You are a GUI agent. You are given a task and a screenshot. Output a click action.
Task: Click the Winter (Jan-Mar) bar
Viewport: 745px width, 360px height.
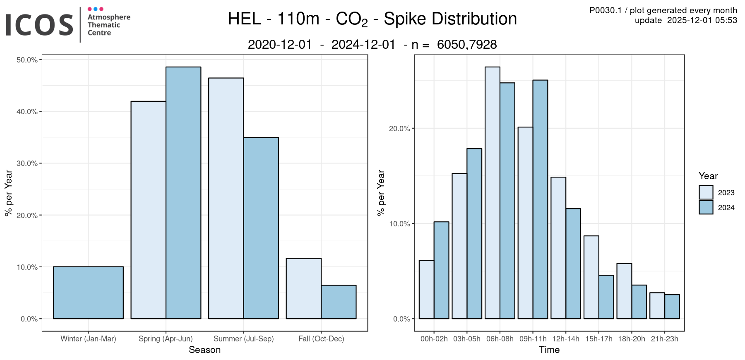pyautogui.click(x=88, y=293)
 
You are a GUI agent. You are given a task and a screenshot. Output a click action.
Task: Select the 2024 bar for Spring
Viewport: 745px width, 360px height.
pyautogui.click(x=183, y=193)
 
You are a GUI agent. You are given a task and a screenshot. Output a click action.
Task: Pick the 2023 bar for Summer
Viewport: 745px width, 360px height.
pyautogui.click(x=226, y=198)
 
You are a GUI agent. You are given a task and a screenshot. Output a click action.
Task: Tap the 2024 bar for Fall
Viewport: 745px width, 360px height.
pyautogui.click(x=339, y=302)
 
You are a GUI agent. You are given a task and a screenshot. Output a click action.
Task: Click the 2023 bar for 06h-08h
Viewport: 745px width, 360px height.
pyautogui.click(x=493, y=193)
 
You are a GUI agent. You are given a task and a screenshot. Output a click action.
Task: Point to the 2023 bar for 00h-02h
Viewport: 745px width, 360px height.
pyautogui.click(x=426, y=289)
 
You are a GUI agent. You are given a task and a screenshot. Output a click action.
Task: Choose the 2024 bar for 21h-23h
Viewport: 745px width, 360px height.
pyautogui.click(x=672, y=307)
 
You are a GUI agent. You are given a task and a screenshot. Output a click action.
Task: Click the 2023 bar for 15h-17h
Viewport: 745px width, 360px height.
pyautogui.click(x=591, y=277)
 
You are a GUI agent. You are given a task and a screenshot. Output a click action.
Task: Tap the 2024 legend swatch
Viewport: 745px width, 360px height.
pyautogui.click(x=706, y=207)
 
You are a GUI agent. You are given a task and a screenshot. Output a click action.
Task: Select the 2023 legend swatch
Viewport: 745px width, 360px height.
pyautogui.click(x=706, y=192)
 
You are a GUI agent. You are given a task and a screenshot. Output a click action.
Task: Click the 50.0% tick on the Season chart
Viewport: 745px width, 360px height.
pyautogui.click(x=27, y=60)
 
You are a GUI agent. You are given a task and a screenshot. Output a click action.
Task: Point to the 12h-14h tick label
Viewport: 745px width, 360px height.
pyautogui.click(x=566, y=339)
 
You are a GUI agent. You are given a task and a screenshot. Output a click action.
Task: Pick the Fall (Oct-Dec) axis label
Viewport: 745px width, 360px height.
pyautogui.click(x=321, y=339)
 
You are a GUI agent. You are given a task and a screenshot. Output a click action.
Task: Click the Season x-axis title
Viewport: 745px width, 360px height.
pyautogui.click(x=204, y=350)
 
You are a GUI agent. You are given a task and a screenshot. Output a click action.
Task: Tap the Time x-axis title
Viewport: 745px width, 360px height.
pyautogui.click(x=549, y=350)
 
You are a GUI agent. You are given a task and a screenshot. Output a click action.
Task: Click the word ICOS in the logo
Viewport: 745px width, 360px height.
pyautogui.click(x=39, y=25)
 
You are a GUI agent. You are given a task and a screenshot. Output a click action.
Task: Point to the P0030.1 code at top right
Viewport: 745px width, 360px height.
pyautogui.click(x=606, y=10)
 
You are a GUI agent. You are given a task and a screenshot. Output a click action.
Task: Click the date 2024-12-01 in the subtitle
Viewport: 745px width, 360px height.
pyautogui.click(x=363, y=45)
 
